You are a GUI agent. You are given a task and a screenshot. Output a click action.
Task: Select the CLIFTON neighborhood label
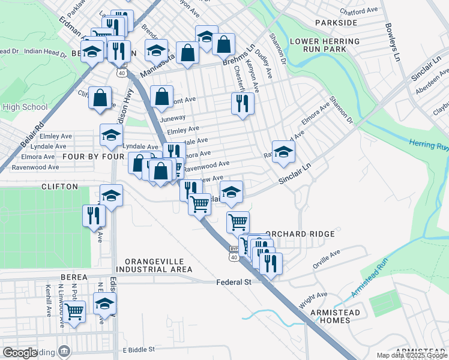tap(59, 187)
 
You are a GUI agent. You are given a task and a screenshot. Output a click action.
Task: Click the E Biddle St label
tap(139, 349)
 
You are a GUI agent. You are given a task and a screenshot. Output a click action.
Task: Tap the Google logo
tap(20, 352)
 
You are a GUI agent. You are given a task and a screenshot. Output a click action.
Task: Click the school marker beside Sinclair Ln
tap(283, 152)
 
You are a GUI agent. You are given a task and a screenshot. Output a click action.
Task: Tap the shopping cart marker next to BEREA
tap(74, 311)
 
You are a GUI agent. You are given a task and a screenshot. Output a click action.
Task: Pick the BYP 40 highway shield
tap(234, 252)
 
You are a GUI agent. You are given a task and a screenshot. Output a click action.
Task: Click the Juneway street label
tap(173, 118)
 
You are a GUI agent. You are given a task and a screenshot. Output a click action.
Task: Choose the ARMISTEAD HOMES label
tap(336, 316)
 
